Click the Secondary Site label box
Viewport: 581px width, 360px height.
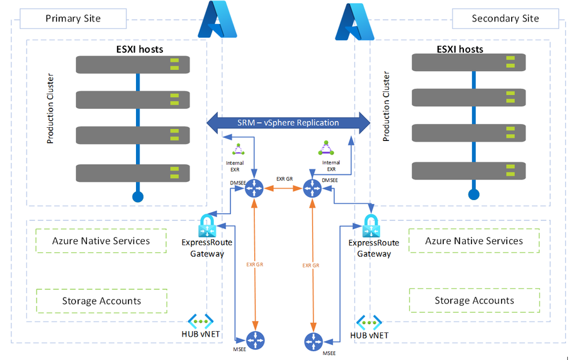(x=505, y=18)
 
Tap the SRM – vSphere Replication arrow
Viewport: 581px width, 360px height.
(x=288, y=122)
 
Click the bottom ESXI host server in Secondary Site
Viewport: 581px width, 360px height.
(x=468, y=171)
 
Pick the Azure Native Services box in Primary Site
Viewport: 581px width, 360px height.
(x=101, y=241)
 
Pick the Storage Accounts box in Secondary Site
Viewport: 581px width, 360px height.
(x=474, y=301)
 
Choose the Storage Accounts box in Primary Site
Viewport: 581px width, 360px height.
(x=101, y=301)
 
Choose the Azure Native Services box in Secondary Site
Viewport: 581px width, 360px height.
(x=474, y=241)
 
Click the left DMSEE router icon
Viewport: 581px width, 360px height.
(x=255, y=187)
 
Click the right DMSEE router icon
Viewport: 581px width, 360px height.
(x=312, y=188)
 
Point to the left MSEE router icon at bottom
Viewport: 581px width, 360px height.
(x=255, y=340)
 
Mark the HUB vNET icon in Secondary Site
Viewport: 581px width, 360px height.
(x=369, y=322)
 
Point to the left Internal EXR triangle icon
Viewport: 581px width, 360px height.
(x=239, y=150)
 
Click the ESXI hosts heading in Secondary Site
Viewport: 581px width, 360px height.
(x=460, y=48)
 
